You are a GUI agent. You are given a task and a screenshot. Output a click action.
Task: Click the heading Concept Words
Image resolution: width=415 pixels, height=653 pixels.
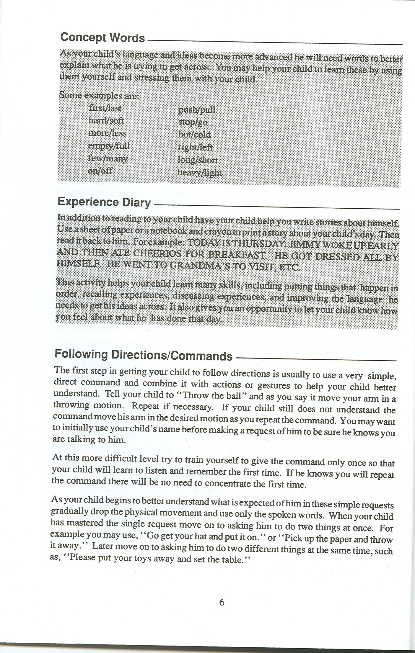tap(102, 38)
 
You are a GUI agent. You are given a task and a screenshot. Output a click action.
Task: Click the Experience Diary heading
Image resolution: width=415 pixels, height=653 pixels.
tap(104, 202)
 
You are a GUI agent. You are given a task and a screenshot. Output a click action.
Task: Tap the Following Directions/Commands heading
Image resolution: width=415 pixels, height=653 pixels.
tap(144, 355)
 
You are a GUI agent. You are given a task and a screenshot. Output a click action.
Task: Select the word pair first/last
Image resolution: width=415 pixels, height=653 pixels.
tap(105, 108)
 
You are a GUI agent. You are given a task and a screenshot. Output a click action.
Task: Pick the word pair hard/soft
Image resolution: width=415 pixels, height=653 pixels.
tap(106, 120)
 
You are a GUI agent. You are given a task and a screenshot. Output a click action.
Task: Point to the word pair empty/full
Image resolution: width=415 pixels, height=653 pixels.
tap(109, 146)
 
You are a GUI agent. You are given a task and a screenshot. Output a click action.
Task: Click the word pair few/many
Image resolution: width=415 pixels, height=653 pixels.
tap(108, 158)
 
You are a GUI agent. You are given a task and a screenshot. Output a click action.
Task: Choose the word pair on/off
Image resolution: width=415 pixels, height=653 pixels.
tap(100, 171)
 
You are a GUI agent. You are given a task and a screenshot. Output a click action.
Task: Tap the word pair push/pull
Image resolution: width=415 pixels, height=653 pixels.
tap(197, 110)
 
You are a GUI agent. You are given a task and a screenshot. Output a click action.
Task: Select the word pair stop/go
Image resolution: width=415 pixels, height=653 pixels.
tap(193, 122)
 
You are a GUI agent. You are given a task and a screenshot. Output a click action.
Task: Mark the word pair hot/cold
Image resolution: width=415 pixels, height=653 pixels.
tap(194, 135)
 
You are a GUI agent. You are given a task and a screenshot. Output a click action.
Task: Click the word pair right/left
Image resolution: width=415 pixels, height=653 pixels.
tap(195, 147)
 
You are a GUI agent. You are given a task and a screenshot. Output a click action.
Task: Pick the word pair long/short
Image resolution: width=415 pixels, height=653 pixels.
tap(198, 160)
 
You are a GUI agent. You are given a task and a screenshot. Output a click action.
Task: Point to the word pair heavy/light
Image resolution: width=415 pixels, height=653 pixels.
tap(200, 172)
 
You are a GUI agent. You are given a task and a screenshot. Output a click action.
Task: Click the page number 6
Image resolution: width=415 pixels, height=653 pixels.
tap(222, 602)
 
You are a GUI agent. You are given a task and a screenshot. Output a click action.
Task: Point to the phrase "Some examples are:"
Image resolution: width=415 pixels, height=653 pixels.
tap(99, 96)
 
